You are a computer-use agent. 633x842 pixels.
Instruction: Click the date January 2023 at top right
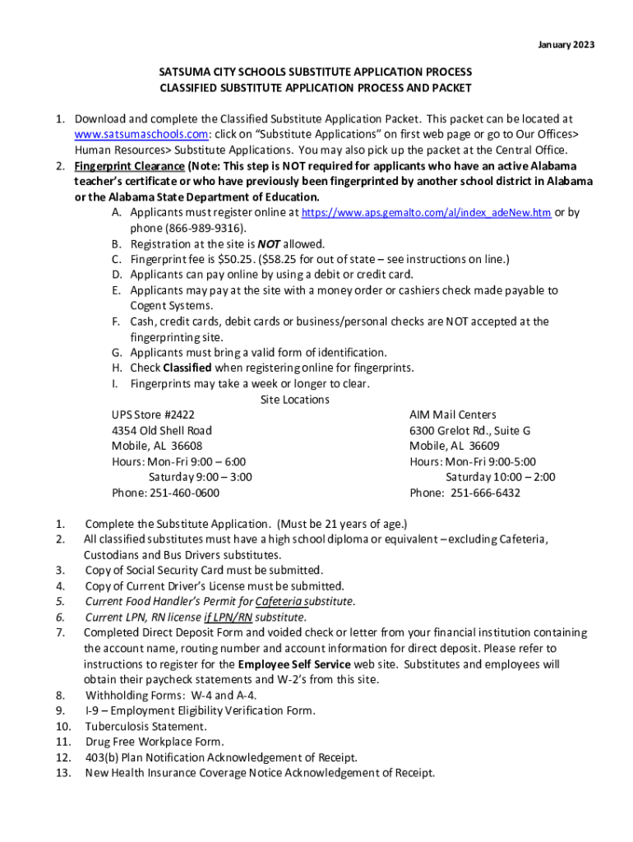(566, 44)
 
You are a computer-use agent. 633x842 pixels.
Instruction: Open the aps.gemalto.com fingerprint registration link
(427, 213)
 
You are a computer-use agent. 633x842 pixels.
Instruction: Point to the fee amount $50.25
(229, 259)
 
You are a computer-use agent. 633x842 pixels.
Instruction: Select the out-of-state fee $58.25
(284, 259)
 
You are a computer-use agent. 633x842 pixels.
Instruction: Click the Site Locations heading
(294, 400)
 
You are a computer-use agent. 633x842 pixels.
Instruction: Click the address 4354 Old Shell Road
(161, 430)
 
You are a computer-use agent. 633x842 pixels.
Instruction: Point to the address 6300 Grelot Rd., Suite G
(469, 430)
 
